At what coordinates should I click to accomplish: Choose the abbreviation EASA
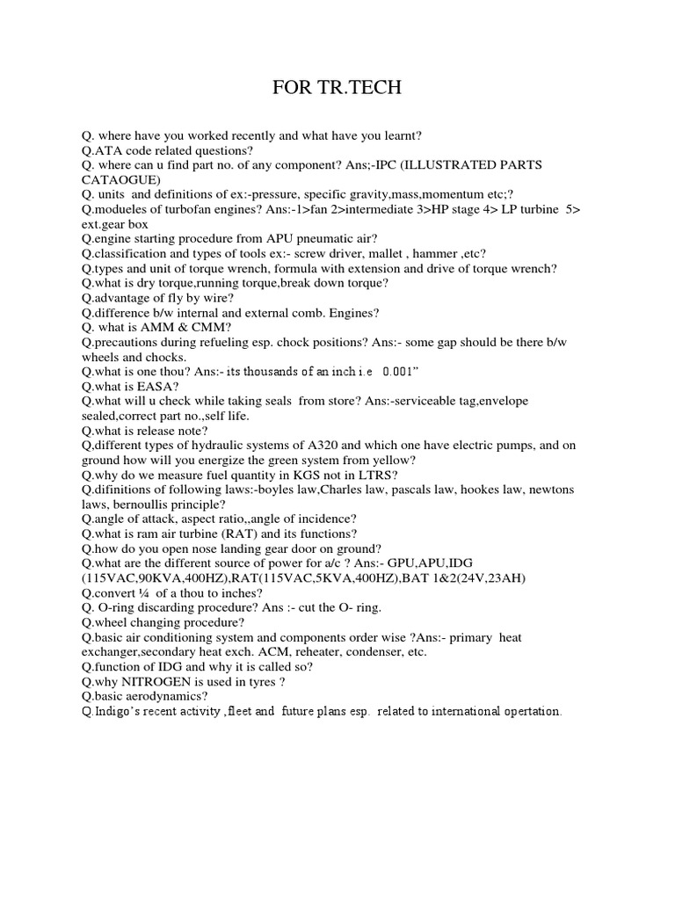(158, 386)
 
